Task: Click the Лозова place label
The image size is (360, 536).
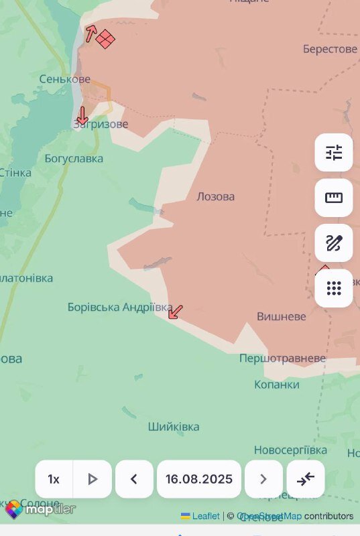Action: coord(216,197)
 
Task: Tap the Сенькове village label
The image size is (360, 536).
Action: coord(64,79)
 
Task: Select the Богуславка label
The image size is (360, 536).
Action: coord(74,159)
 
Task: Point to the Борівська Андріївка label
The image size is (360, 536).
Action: coord(120,307)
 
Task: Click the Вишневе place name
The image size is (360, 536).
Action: coord(282,316)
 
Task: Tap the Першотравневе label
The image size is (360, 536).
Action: coord(282,358)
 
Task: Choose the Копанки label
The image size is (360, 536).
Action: coord(277,385)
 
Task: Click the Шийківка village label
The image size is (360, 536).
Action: coord(174,427)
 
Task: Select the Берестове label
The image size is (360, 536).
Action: coord(330,49)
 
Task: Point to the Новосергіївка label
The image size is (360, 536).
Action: coord(290,450)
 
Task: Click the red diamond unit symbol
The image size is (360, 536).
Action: coord(105,39)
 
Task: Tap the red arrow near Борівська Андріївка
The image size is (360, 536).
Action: coord(176,312)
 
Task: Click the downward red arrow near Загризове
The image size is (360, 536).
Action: coord(82,115)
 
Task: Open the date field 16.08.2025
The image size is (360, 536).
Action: coord(199,479)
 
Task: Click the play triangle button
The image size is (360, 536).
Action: coord(93,479)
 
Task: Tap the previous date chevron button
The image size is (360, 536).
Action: coord(133,479)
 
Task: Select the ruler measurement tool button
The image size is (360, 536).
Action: coord(334,198)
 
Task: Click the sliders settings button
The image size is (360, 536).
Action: coord(334,153)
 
